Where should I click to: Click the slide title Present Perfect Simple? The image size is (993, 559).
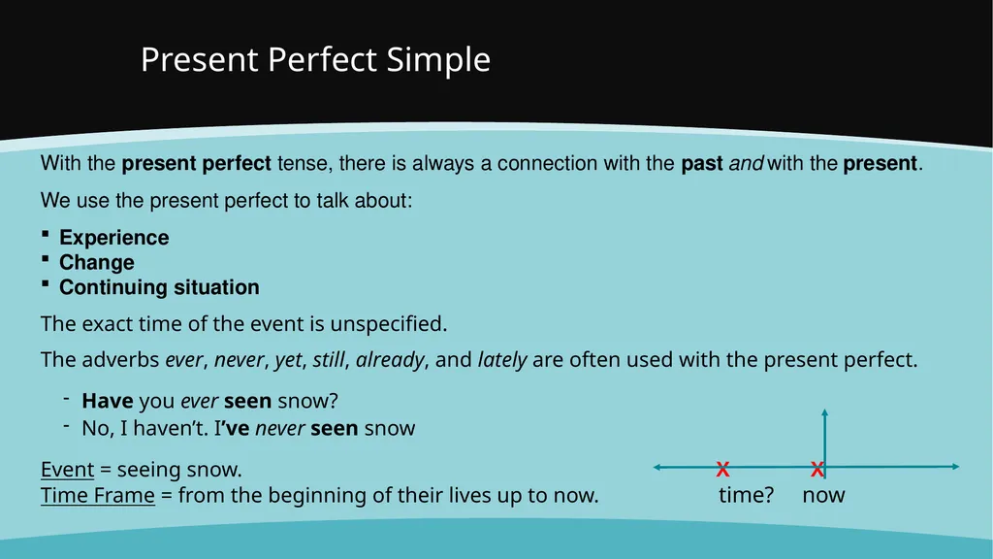click(x=315, y=60)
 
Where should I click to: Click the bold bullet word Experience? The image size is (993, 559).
click(x=114, y=238)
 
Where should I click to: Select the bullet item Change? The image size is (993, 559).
click(x=97, y=262)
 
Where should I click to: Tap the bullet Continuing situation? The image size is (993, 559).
click(x=159, y=287)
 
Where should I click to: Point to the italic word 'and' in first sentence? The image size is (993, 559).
click(x=746, y=163)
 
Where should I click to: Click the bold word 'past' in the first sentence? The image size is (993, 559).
click(x=702, y=164)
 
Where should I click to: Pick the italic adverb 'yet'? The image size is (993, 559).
click(x=288, y=361)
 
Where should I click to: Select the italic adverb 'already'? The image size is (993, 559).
click(x=390, y=361)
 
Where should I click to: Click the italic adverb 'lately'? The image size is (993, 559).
click(x=502, y=361)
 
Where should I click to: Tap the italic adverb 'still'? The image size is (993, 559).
click(x=329, y=360)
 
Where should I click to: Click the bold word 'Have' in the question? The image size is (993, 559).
click(x=108, y=401)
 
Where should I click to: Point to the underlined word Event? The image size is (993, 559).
click(x=67, y=470)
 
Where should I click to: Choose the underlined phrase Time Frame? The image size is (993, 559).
click(x=98, y=496)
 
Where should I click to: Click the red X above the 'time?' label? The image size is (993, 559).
click(x=722, y=469)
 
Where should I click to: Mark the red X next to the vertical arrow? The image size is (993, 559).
click(x=817, y=469)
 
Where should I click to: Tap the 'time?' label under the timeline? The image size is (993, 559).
click(x=746, y=495)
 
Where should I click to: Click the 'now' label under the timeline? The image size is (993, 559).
click(x=823, y=496)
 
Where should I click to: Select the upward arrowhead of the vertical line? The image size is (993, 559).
click(x=824, y=412)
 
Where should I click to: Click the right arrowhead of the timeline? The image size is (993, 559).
click(x=955, y=467)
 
